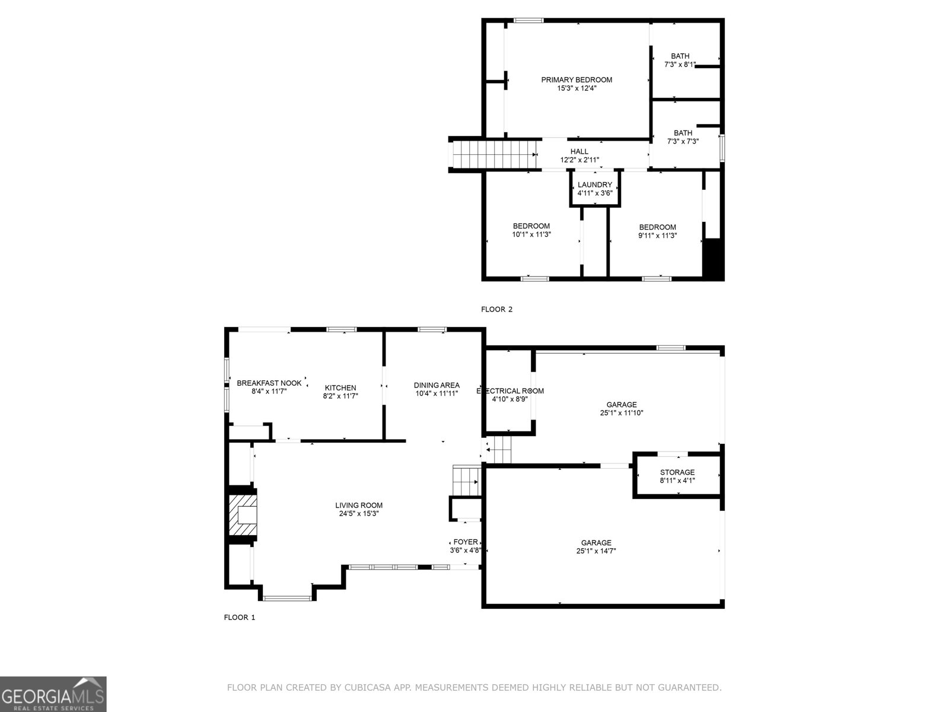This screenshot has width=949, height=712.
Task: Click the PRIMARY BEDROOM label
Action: (577, 80)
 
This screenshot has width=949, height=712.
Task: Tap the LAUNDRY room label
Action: (594, 185)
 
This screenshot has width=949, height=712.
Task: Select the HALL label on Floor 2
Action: (579, 151)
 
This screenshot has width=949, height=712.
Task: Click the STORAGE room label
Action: (677, 472)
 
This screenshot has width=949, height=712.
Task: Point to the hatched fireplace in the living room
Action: (243, 515)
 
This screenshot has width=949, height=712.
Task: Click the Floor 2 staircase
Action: (493, 154)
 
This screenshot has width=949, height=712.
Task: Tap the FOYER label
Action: (465, 542)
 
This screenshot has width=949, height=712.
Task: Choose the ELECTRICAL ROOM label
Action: (509, 391)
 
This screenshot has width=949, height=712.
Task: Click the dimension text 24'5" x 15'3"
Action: (359, 514)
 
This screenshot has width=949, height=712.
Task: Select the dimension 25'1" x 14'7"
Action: (595, 551)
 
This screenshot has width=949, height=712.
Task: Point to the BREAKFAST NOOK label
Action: (269, 383)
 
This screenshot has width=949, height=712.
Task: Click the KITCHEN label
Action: (340, 388)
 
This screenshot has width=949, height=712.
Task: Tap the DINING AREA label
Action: (437, 385)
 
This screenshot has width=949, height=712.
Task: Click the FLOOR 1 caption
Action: (240, 617)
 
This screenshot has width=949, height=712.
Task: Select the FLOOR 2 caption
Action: (497, 309)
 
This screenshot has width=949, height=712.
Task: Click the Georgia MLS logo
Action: (53, 694)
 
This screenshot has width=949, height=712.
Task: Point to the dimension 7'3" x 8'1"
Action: (680, 65)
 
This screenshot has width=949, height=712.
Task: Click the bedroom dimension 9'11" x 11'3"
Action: (658, 236)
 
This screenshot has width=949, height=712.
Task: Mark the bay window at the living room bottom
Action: (287, 598)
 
